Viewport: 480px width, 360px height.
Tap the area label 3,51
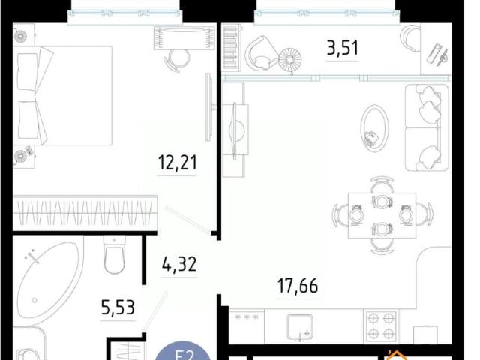[x=342, y=49]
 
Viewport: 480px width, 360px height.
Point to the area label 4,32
[x=180, y=265]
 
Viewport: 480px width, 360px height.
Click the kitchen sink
[x=304, y=325]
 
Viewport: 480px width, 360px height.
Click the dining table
[x=382, y=214]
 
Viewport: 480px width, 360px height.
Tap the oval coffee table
[x=374, y=128]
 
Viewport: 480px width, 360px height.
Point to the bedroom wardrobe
[x=85, y=212]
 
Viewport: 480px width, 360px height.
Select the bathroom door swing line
[x=156, y=312]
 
